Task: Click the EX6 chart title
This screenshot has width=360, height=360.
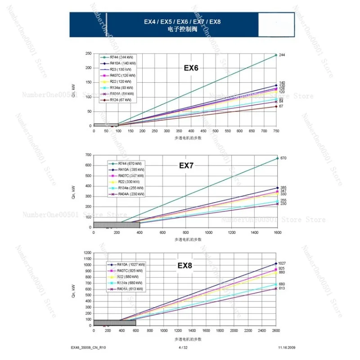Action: pyautogui.click(x=191, y=68)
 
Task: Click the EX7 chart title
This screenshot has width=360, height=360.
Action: pyautogui.click(x=186, y=166)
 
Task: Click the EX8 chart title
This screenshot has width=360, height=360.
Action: pyautogui.click(x=184, y=265)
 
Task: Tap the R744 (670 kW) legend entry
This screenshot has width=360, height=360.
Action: pyautogui.click(x=130, y=163)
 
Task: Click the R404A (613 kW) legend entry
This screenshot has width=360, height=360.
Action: pyautogui.click(x=128, y=289)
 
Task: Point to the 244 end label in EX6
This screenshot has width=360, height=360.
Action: pyautogui.click(x=282, y=55)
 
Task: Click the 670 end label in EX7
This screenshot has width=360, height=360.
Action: pyautogui.click(x=283, y=158)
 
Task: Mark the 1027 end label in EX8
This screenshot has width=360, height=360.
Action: pyautogui.click(x=282, y=263)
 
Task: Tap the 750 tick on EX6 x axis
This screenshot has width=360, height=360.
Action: pyautogui.click(x=276, y=131)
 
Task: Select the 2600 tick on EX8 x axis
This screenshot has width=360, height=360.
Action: pyautogui.click(x=276, y=331)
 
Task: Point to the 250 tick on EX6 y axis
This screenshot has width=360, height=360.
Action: pyautogui.click(x=88, y=54)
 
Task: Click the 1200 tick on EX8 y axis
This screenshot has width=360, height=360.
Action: pyautogui.click(x=87, y=253)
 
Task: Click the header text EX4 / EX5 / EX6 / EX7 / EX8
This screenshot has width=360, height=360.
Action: pyautogui.click(x=182, y=22)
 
